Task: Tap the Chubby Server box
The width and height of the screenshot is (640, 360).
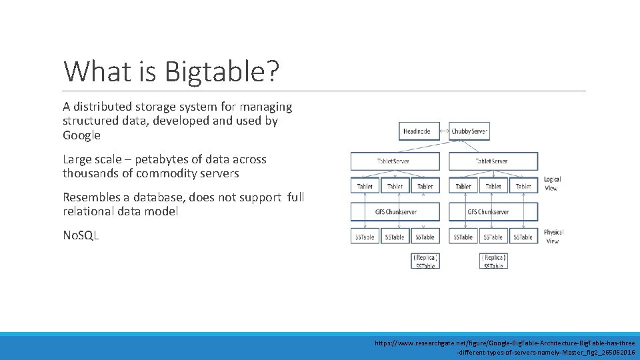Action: pyautogui.click(x=470, y=131)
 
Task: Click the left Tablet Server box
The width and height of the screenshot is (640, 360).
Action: pyautogui.click(x=395, y=161)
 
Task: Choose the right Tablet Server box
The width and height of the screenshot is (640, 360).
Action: pyautogui.click(x=493, y=161)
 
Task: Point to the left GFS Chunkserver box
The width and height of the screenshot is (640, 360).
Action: pyautogui.click(x=395, y=212)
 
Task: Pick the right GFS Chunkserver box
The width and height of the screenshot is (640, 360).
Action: pyautogui.click(x=493, y=212)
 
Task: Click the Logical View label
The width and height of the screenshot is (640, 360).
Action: pyautogui.click(x=552, y=183)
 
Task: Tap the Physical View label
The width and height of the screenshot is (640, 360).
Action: pyautogui.click(x=553, y=237)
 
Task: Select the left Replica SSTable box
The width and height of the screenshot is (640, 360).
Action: pyautogui.click(x=425, y=261)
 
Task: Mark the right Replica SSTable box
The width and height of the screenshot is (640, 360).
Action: pyautogui.click(x=493, y=261)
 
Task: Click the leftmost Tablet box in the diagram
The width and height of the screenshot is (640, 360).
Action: pyautogui.click(x=365, y=186)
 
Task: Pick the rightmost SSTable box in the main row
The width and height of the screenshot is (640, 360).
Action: pyautogui.click(x=523, y=237)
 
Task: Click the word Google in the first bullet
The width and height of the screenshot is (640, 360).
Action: pyautogui.click(x=81, y=135)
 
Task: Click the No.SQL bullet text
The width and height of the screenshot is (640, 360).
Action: pyautogui.click(x=81, y=235)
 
